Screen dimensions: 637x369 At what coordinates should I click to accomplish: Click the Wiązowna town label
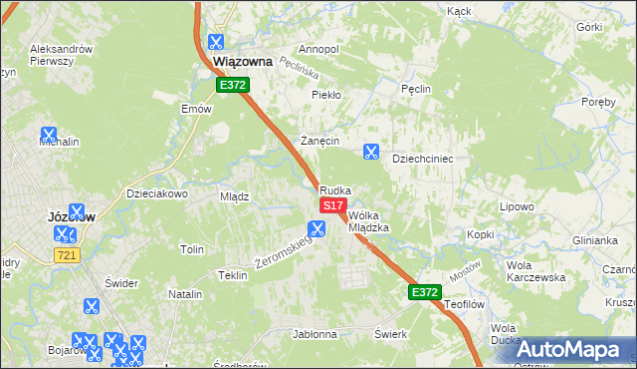point(243,62)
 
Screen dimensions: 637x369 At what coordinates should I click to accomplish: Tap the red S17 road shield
point(332,204)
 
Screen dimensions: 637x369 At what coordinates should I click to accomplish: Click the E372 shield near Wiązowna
point(233,86)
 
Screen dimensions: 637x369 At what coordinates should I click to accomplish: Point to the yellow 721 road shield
point(66,256)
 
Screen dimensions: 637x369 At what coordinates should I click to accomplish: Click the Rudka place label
point(335,189)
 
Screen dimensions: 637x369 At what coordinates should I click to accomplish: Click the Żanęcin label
point(321,141)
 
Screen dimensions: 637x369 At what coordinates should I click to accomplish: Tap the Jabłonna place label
point(315,335)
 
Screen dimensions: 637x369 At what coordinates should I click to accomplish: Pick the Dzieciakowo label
point(157,193)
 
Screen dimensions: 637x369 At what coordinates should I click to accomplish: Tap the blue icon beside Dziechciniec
point(371,152)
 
